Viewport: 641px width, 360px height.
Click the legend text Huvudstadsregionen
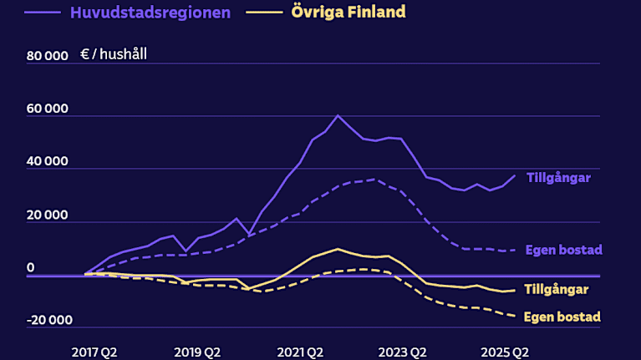click(150, 13)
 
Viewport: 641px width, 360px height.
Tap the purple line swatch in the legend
click(43, 13)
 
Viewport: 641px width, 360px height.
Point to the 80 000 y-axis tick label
click(47, 57)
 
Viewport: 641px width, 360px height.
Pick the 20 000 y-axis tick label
click(47, 215)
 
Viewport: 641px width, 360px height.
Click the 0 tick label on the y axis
click(30, 268)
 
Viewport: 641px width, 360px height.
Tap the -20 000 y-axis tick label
click(49, 320)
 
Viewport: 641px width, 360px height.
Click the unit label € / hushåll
click(114, 55)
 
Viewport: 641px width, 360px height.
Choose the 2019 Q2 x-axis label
click(197, 352)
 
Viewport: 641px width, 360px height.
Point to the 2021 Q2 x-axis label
click(301, 352)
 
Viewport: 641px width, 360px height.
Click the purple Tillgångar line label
click(559, 177)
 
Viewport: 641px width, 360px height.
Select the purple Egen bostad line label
click(563, 250)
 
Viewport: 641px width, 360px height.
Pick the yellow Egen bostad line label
click(562, 317)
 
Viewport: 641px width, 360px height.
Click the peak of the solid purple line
click(338, 115)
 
